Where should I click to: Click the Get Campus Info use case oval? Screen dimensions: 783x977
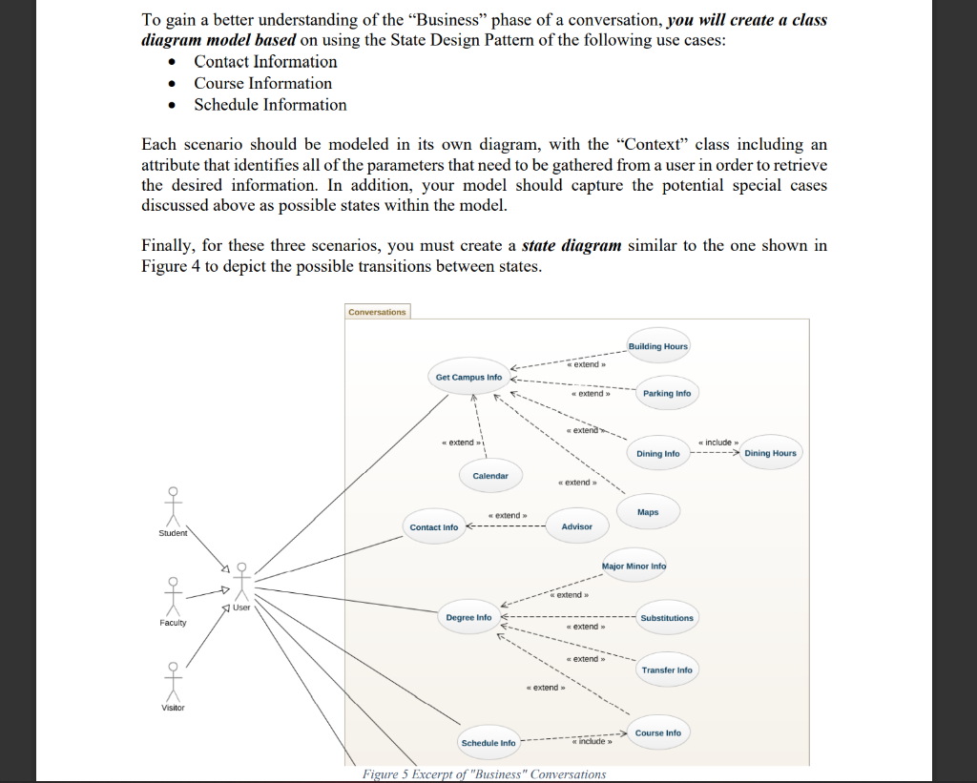tap(468, 377)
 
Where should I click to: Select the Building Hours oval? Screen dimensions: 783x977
tap(657, 345)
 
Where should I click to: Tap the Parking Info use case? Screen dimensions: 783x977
tap(667, 393)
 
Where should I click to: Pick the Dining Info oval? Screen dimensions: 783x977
tap(658, 453)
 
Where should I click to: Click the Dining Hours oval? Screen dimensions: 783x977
tap(770, 453)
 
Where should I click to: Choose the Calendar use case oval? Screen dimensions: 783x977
tap(490, 475)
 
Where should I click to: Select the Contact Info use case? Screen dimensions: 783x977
tap(434, 526)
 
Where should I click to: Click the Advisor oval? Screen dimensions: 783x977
tap(576, 526)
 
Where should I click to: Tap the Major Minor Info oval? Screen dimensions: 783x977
tap(634, 567)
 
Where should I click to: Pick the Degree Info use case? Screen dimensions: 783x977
tap(468, 617)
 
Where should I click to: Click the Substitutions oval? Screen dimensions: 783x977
tap(667, 618)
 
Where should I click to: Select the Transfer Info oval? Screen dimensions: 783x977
tap(667, 670)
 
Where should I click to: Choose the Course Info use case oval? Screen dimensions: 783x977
tap(658, 732)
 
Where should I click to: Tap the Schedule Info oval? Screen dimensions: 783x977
tap(488, 743)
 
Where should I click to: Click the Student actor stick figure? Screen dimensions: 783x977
tap(173, 507)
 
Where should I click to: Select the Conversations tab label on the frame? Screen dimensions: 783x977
tap(377, 312)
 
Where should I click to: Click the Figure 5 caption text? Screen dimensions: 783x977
tap(484, 773)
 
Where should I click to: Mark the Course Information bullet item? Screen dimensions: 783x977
tap(263, 83)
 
